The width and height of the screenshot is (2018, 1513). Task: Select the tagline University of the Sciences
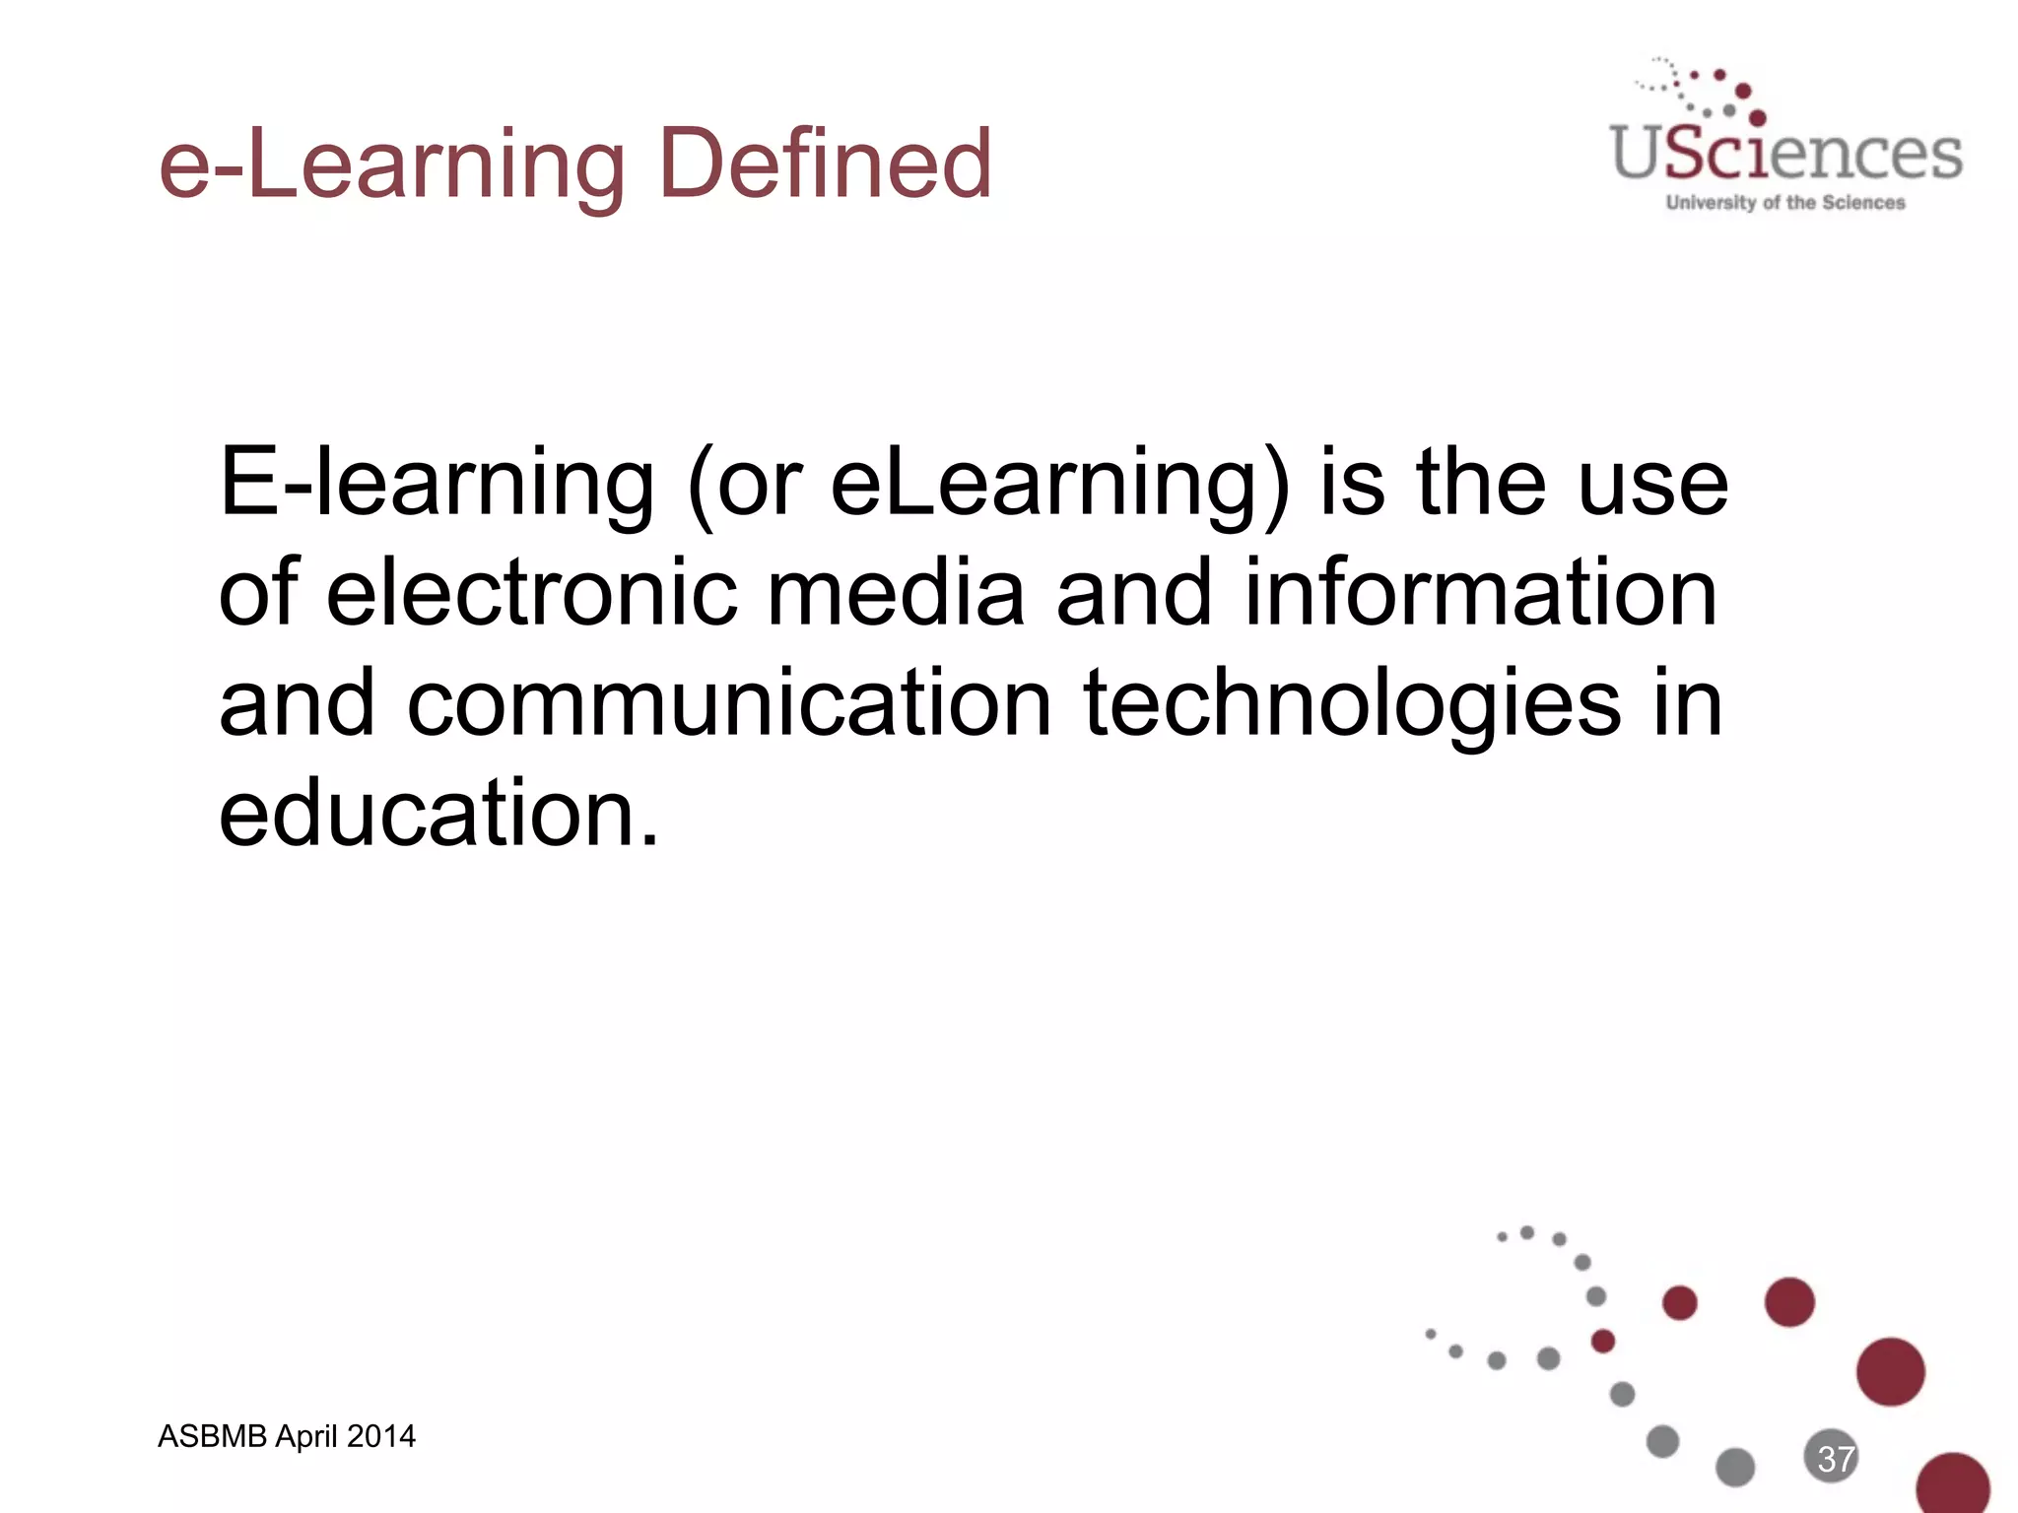pos(1785,203)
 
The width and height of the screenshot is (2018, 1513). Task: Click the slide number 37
pos(1835,1459)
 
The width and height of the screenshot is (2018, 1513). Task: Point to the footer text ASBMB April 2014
pos(286,1437)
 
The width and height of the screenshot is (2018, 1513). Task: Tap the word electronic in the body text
pos(531,594)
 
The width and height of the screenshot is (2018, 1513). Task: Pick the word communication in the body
pos(729,704)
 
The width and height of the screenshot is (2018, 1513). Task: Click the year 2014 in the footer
pos(380,1437)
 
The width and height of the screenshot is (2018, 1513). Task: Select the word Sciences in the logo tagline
pos(1863,203)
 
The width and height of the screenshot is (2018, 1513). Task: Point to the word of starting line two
pos(258,594)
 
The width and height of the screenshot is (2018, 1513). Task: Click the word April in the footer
pos(306,1437)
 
